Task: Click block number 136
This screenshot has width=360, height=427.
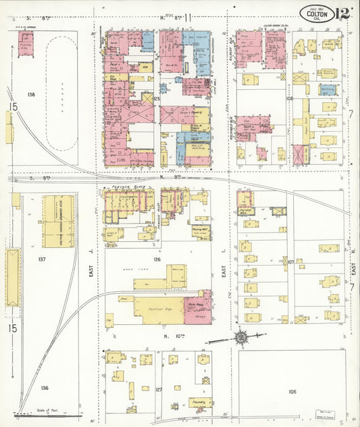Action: tap(45, 387)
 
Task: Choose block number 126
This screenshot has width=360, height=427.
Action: tap(157, 259)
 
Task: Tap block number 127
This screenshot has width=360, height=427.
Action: tap(159, 390)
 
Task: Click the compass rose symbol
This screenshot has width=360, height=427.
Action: tap(240, 336)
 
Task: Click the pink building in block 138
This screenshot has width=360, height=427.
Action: tap(26, 43)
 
